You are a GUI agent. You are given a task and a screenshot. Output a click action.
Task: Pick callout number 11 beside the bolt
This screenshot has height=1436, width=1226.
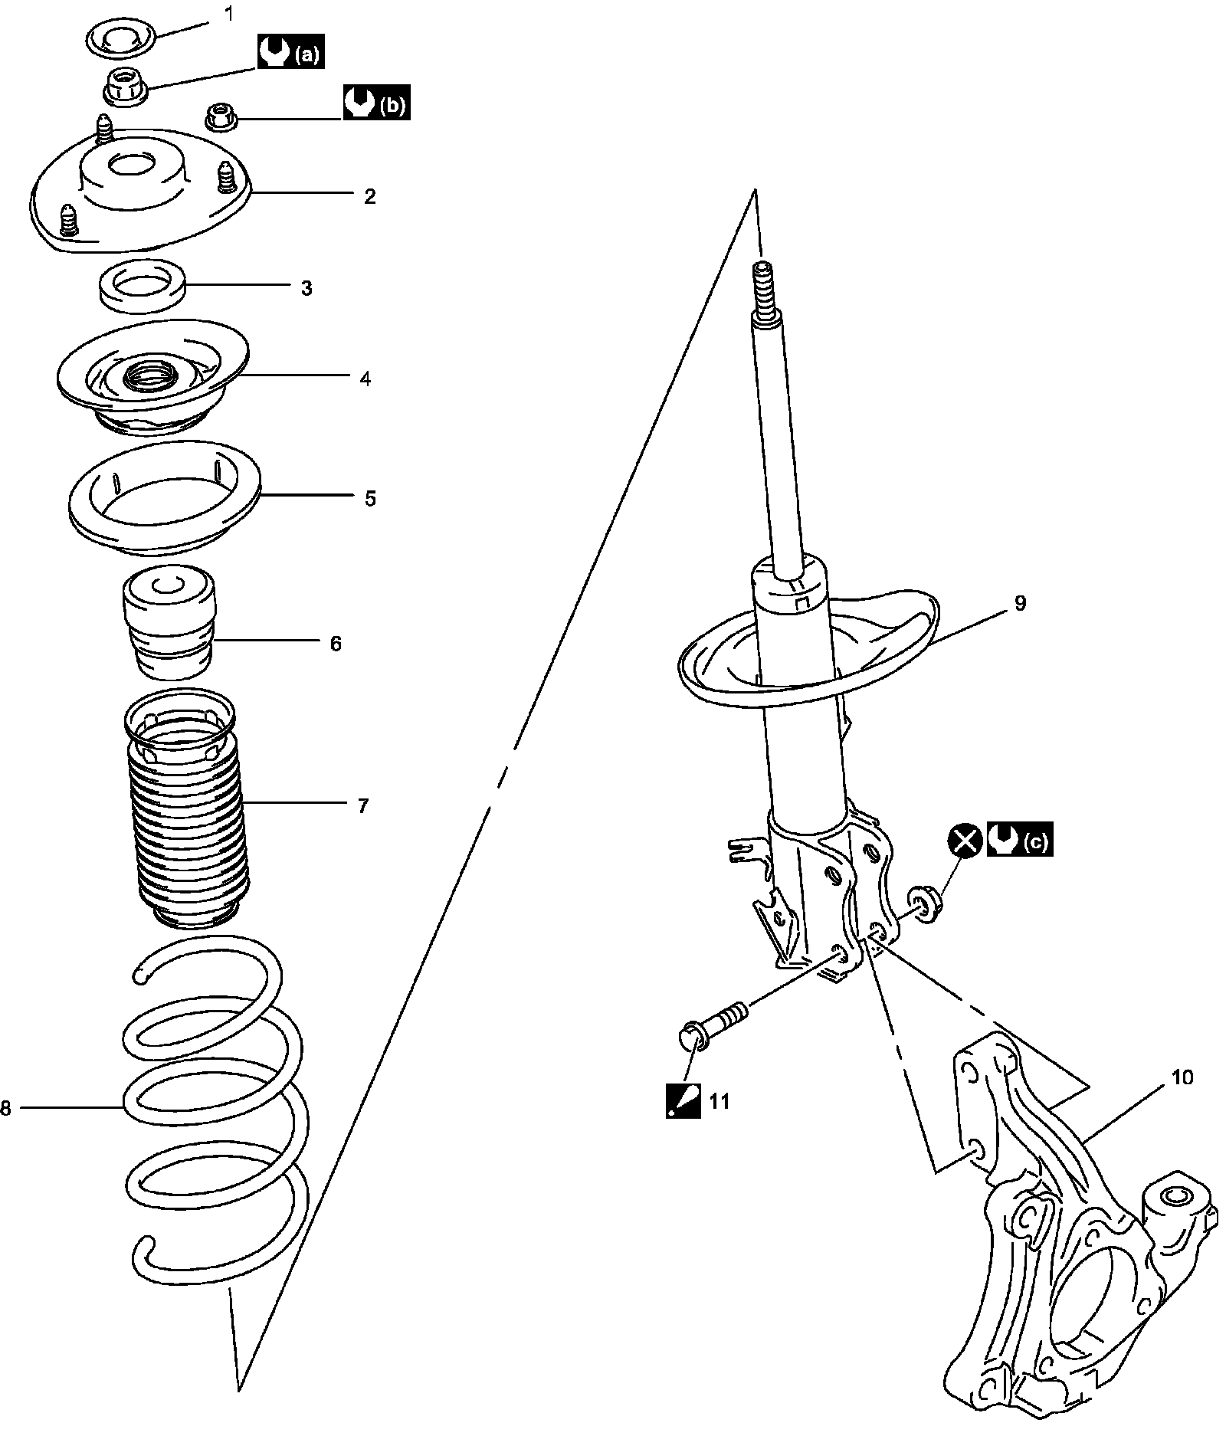[719, 1102]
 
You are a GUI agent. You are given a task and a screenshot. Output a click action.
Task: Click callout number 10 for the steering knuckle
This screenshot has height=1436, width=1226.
[1182, 1077]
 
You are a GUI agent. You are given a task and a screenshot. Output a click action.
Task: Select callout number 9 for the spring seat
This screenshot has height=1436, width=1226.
[1020, 603]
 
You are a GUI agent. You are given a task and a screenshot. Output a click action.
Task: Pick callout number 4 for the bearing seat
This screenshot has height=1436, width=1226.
[366, 378]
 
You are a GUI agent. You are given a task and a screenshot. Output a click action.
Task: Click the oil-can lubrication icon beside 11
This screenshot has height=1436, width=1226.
[683, 1102]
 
